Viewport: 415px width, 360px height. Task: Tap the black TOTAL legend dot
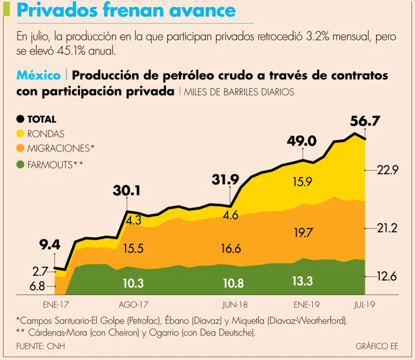coord(21,119)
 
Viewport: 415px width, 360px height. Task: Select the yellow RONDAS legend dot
coord(21,134)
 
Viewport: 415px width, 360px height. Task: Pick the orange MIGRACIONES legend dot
coord(21,148)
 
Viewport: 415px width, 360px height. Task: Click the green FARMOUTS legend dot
coord(21,164)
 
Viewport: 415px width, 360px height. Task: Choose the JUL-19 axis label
coord(366,304)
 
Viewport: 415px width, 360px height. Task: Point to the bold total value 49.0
coord(301,142)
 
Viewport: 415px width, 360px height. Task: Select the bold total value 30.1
coord(126,190)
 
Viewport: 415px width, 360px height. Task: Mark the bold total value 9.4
coord(50,245)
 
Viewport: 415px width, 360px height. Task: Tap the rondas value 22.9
coord(387,171)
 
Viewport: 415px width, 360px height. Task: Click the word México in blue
coord(38,75)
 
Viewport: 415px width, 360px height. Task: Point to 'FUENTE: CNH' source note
coord(40,346)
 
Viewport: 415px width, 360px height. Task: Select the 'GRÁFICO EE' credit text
coord(377,346)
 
